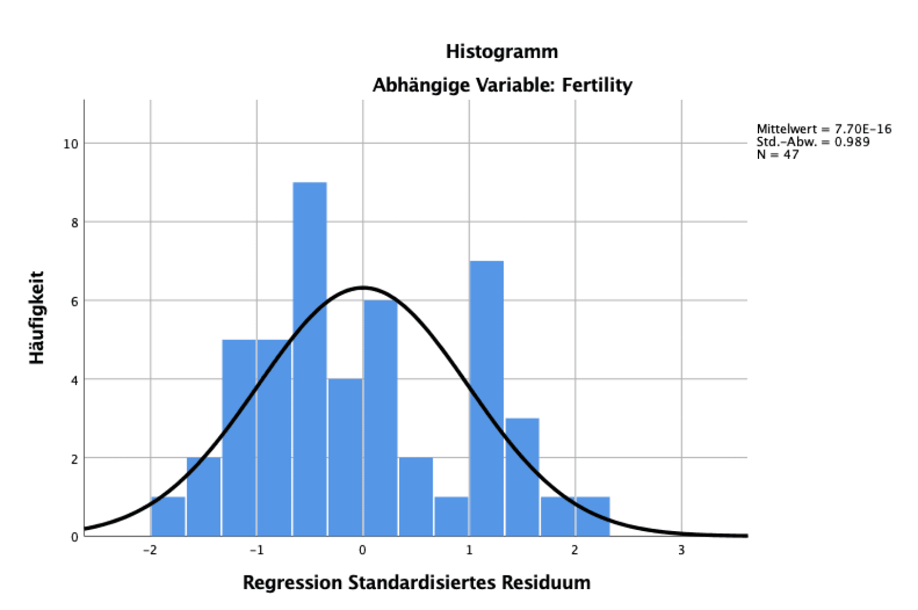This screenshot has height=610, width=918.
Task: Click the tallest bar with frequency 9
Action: point(310,358)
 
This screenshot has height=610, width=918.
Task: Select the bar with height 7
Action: point(486,397)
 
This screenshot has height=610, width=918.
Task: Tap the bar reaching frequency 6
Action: point(380,418)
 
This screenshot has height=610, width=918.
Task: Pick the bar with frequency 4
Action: point(345,457)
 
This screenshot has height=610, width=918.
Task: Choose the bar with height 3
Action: point(522,477)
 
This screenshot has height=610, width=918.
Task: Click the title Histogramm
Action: point(501,51)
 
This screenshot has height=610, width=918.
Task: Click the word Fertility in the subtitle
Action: point(596,85)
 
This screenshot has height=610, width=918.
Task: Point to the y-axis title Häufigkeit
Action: point(37,317)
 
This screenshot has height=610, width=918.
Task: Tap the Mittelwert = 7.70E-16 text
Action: point(824,129)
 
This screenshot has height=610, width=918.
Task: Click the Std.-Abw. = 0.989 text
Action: point(813,142)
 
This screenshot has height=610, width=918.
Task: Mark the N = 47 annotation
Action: point(777,154)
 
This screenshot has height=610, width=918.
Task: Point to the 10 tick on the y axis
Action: point(71,144)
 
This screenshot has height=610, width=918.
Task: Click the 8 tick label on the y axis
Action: point(74,223)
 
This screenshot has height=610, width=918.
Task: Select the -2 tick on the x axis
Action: point(149,550)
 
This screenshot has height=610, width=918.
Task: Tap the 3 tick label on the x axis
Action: point(681,550)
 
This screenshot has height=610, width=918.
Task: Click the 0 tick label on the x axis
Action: point(362,550)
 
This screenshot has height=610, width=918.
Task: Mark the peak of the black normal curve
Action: point(362,287)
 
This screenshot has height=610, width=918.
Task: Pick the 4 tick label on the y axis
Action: point(74,380)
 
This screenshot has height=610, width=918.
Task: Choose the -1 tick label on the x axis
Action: point(256,550)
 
